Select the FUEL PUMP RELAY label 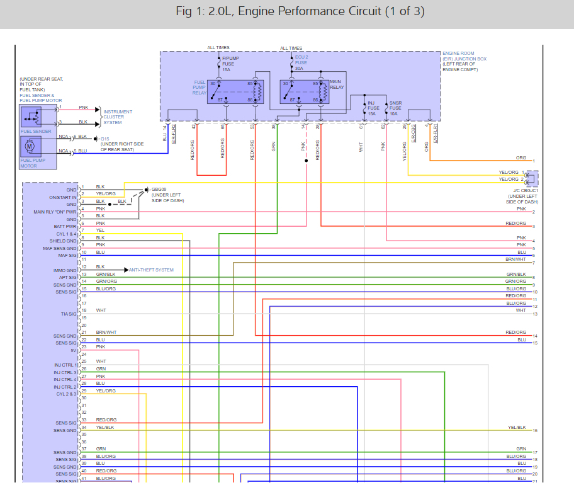point(199,88)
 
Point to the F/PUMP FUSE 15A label point(228,64)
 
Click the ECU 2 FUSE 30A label point(301,64)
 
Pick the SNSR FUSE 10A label point(396,108)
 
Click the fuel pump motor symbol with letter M point(29,146)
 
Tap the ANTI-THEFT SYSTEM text point(152,270)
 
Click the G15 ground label point(104,139)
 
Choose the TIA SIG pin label point(68,313)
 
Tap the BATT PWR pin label point(66,226)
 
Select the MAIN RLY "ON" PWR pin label point(55,212)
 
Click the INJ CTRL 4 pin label point(65,379)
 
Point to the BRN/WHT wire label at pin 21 point(106,332)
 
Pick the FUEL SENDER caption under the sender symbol point(36,132)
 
